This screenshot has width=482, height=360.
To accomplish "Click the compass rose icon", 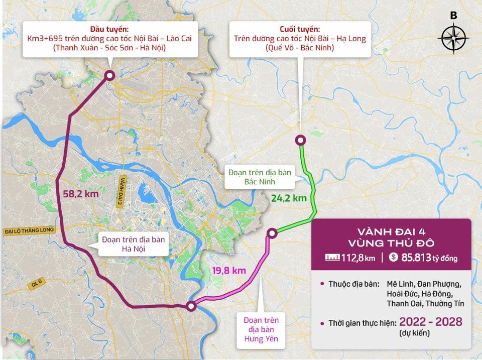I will point(453,38).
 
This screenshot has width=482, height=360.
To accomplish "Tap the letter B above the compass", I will point(453,16).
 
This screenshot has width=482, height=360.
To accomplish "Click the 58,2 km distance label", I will point(81,193).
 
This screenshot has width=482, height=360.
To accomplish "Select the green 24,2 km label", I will point(289,198).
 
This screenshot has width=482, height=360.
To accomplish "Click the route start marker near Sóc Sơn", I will point(109,75).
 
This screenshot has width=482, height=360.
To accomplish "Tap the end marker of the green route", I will point(300,140).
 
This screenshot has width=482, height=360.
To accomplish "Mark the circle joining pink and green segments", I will point(272,232).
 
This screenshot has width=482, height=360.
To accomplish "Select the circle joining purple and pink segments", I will point(191,306).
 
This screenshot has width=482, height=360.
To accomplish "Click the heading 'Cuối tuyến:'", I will point(300,29).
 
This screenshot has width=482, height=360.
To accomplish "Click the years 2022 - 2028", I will point(431,322).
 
